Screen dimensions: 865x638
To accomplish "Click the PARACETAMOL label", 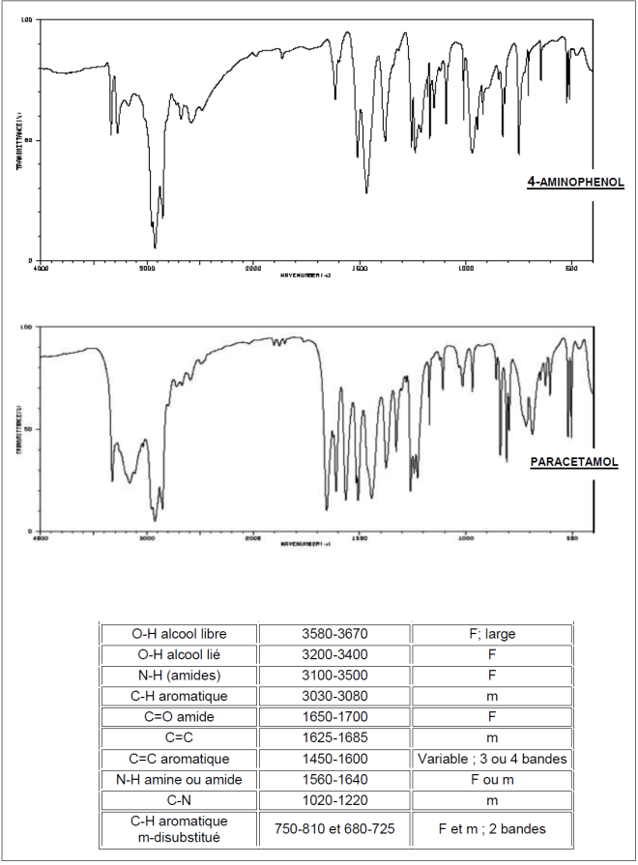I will coord(574,462).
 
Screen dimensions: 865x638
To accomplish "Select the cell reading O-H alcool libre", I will coord(180,634).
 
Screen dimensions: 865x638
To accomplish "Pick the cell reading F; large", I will coord(492,634).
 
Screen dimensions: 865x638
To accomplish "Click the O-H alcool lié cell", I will coord(180,655).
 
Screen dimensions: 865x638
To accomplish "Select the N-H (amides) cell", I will coord(180,676).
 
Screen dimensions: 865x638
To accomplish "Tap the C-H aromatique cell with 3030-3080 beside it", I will coord(180,696).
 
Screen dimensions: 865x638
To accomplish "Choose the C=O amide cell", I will coord(180,717).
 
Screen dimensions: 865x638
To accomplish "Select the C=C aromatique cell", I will coord(180,759).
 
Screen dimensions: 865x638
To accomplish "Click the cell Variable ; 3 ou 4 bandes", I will coord(492,759).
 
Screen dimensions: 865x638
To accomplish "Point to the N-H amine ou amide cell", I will coord(180,779).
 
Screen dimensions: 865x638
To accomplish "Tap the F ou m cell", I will coord(492,779).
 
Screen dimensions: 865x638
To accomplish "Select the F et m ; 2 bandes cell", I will coord(492,827).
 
